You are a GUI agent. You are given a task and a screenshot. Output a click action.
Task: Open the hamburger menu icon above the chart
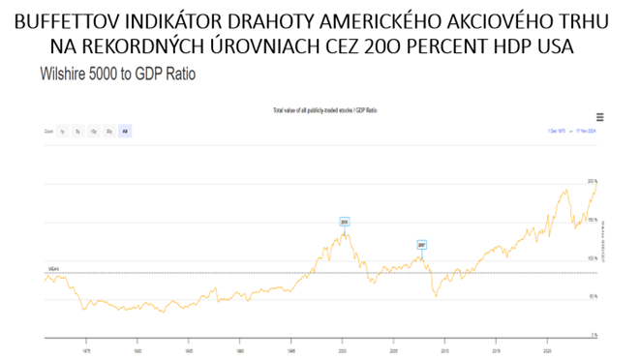[600, 117]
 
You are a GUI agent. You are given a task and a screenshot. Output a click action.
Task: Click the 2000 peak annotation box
[344, 222]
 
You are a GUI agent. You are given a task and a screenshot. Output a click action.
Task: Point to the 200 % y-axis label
[593, 182]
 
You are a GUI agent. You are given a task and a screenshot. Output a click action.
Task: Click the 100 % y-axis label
[593, 258]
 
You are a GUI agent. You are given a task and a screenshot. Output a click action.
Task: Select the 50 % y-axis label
[593, 296]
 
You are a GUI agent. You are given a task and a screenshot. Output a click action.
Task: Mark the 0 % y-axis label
[594, 335]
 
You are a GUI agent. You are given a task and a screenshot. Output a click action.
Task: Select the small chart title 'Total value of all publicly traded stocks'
[320, 112]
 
